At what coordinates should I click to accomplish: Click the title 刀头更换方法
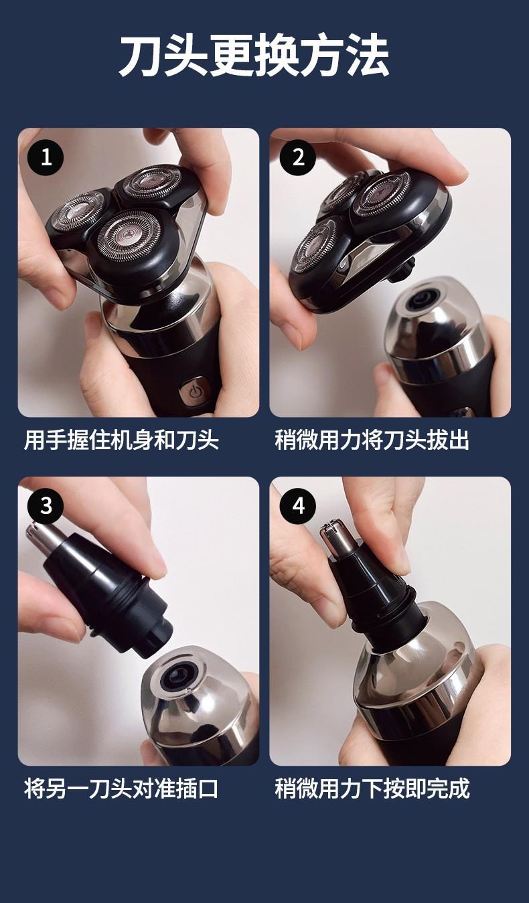[254, 56]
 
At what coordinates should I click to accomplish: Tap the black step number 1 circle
[46, 157]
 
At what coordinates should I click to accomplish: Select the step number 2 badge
[298, 157]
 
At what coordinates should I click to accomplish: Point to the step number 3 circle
[46, 505]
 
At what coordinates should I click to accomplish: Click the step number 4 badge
[298, 505]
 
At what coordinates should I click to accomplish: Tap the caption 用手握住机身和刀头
[121, 440]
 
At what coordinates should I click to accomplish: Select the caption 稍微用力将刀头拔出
[372, 440]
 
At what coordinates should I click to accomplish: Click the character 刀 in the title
[141, 56]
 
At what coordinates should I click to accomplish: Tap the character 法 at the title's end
[368, 56]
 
